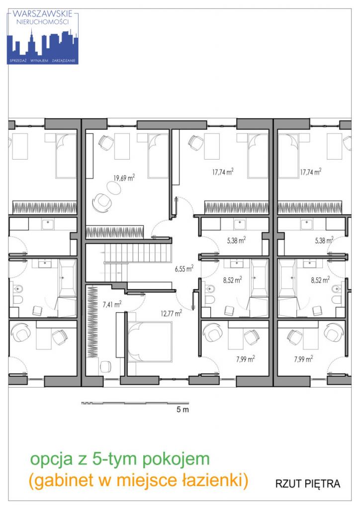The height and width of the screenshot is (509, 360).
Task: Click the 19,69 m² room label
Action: point(124,177)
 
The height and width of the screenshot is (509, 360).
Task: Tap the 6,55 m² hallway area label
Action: point(184,268)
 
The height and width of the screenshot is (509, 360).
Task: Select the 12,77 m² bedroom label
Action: point(172,313)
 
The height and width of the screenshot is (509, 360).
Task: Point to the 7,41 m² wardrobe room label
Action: point(112,304)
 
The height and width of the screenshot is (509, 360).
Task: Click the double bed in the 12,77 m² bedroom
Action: point(149,341)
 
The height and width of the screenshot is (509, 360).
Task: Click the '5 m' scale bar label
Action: point(182,410)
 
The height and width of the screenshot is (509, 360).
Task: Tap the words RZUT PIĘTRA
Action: point(308,484)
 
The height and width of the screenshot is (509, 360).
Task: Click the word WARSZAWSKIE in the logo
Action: point(43,14)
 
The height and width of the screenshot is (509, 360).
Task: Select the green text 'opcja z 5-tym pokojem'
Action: point(120,459)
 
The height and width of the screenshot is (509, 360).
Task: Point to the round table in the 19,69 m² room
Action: point(113,187)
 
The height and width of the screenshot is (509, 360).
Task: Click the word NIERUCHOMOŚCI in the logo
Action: point(43,22)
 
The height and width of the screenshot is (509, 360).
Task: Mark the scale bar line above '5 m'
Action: point(135,403)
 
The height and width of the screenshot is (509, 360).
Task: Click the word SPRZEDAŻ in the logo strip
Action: point(18,61)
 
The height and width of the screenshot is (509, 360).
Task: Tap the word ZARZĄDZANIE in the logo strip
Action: point(64,61)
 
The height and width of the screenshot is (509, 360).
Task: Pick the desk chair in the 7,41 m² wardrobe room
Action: point(105,367)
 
